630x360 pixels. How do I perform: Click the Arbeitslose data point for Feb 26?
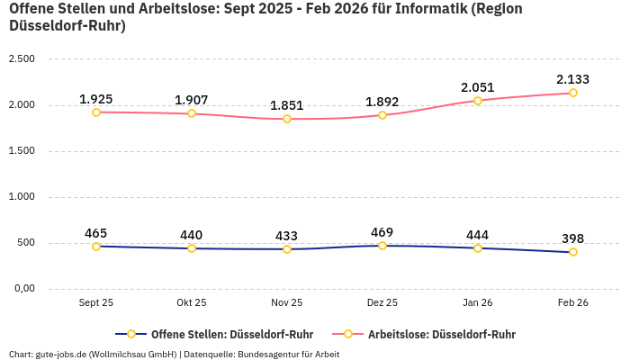tap(572, 93)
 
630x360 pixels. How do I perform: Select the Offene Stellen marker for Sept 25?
tap(96, 246)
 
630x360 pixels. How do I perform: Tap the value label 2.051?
tap(477, 87)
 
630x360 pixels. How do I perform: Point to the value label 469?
tap(382, 232)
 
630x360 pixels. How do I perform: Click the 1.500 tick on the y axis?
tap(22, 150)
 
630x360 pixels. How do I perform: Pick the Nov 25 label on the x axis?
tap(287, 303)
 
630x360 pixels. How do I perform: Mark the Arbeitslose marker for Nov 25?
tap(287, 119)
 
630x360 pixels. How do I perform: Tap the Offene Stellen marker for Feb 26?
tap(572, 252)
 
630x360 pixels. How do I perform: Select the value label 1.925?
tap(96, 98)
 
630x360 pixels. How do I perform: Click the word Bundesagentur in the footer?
tap(270, 354)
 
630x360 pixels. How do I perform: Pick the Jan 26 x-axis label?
tap(477, 303)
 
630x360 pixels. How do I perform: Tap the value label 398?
tap(572, 238)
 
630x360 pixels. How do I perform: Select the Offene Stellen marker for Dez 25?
tap(382, 246)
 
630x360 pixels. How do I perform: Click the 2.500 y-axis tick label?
tap(22, 58)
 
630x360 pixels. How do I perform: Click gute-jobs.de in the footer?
tap(61, 354)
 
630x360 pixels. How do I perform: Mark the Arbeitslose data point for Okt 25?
tap(192, 113)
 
